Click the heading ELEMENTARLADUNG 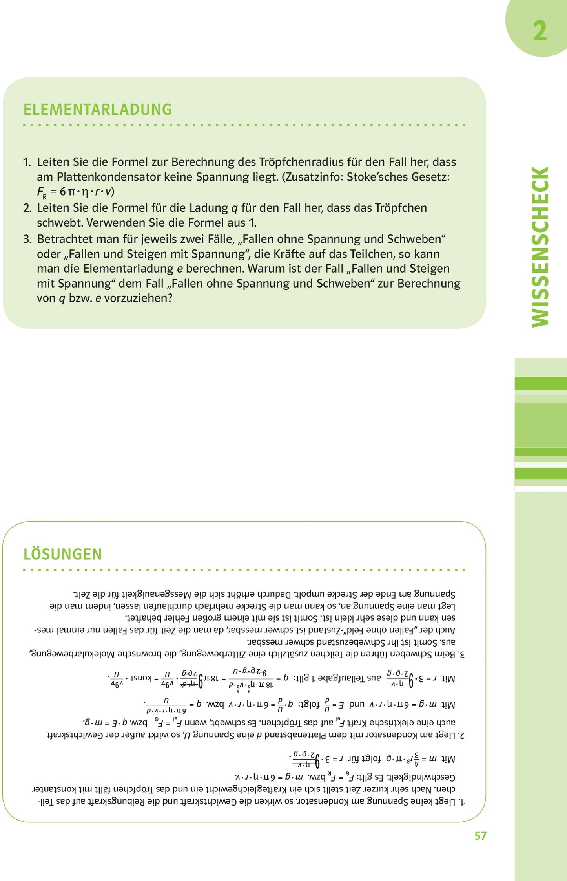98,110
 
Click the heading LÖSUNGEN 63,554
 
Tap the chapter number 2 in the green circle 540,31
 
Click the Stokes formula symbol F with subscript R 42,192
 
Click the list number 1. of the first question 27,162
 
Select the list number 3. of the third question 27,239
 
